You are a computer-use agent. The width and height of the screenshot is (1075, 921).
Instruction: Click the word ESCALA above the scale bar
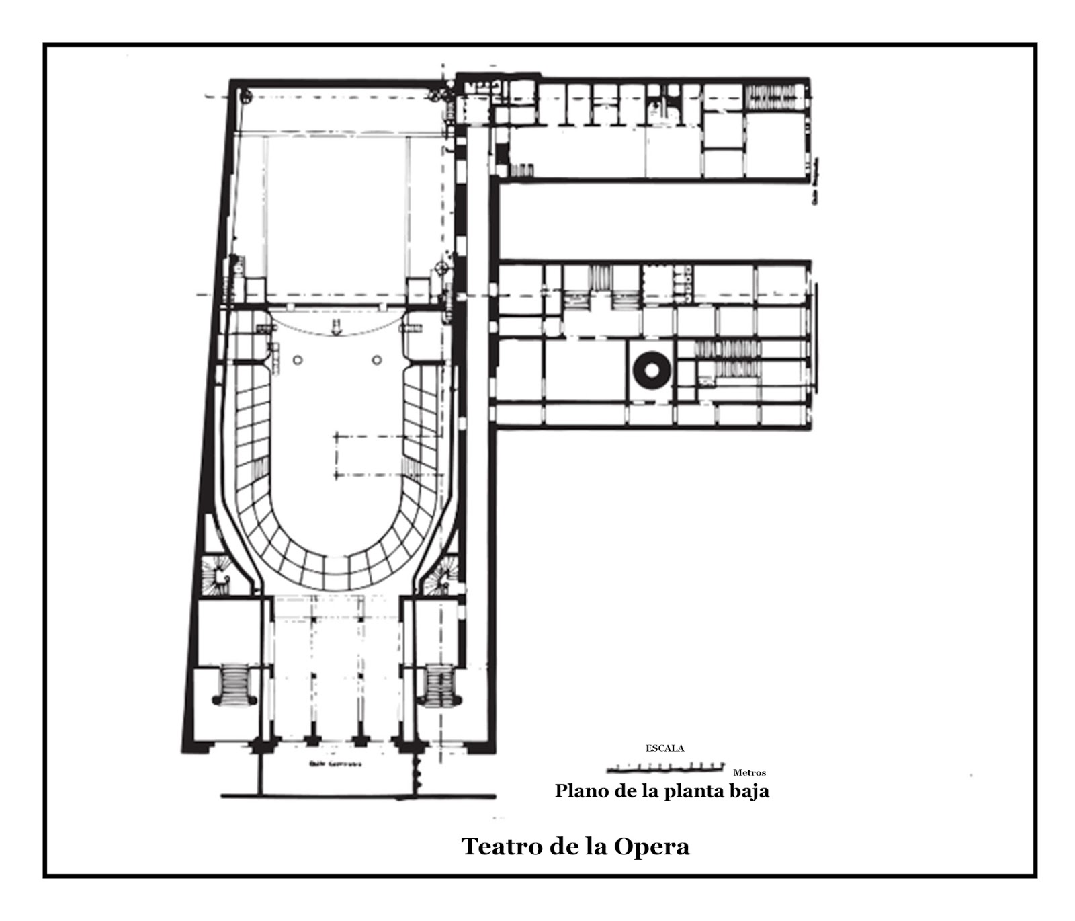pos(664,748)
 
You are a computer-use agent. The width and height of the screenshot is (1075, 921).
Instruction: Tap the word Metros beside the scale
pos(749,773)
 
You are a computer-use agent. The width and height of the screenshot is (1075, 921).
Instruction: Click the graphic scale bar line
pos(665,768)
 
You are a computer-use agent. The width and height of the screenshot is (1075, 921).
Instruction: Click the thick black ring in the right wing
pos(651,370)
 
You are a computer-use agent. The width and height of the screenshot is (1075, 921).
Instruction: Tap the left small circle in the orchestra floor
pos(298,360)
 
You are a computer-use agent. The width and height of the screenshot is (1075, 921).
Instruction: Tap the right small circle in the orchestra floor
pos(377,360)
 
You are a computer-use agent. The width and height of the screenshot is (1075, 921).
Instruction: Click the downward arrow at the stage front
pos(338,327)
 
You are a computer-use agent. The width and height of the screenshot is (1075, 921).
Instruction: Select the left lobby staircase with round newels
pos(234,684)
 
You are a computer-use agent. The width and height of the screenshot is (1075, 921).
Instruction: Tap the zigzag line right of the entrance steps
pos(418,773)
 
